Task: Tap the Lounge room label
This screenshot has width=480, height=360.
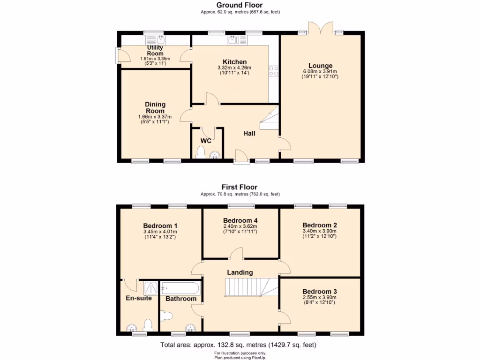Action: point(320,66)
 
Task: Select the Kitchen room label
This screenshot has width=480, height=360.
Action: point(234,62)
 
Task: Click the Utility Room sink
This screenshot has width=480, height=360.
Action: point(160,39)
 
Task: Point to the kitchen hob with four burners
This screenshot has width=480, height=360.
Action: point(273,71)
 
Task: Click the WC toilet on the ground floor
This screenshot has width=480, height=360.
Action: point(201,152)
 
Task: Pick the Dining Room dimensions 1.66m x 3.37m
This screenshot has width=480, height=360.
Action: point(155,117)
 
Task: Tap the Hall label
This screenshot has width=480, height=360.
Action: point(249,134)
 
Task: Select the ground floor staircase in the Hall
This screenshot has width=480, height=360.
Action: point(270,120)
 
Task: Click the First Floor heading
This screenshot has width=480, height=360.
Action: point(240,187)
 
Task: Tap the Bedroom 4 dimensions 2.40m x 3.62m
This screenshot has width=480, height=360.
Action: point(240,226)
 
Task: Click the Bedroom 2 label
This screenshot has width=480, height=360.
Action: point(320,225)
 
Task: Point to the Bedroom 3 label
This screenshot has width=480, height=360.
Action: point(320,291)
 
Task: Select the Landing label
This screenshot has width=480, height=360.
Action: point(240,272)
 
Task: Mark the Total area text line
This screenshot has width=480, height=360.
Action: point(239,345)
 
